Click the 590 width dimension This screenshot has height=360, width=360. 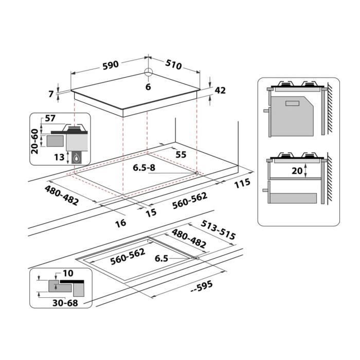click(111, 65)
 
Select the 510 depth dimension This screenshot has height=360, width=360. click(174, 65)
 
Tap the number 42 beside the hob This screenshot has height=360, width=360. click(220, 91)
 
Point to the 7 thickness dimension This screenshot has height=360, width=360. click(51, 94)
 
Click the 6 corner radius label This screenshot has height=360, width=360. click(148, 87)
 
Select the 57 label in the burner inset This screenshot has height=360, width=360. click(50, 118)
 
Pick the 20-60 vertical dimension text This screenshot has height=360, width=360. click(34, 141)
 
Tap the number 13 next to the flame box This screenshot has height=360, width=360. click(59, 157)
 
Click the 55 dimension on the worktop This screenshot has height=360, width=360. click(181, 154)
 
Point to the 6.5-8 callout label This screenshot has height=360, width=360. click(144, 168)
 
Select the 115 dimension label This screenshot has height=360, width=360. click(242, 184)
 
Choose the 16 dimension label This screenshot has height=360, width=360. click(121, 223)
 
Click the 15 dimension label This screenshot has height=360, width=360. click(151, 213)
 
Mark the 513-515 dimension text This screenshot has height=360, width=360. click(218, 230)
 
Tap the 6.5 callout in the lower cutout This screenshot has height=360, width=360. click(161, 259)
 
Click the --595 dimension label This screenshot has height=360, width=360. click(202, 287)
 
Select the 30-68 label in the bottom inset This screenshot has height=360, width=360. click(65, 303)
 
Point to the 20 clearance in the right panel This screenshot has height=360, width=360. click(297, 171)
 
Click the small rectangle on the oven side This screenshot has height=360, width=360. click(292, 103)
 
